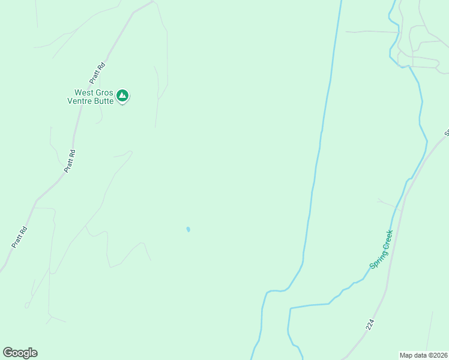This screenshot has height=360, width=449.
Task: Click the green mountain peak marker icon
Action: [x=122, y=95]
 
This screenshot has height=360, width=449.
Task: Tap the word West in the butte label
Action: [x=84, y=93]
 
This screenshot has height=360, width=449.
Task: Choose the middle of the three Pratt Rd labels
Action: [x=70, y=161]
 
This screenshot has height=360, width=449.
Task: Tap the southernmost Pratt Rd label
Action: [x=20, y=236]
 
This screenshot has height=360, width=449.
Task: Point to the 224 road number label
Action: [x=370, y=324]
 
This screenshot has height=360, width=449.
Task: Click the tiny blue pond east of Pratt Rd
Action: [x=188, y=229]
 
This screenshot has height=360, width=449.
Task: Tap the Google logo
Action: [x=20, y=353]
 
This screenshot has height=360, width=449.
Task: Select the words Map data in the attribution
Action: [x=414, y=355]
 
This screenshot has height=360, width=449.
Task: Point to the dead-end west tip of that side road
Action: [x=346, y=31]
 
